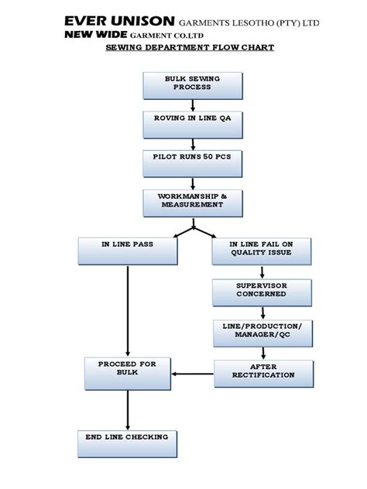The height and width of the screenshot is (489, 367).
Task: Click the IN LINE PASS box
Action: pyautogui.click(x=127, y=248)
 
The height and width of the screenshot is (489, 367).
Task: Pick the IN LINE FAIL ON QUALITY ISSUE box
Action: pyautogui.click(x=262, y=248)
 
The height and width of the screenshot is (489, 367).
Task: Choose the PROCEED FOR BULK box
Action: pyautogui.click(x=127, y=371)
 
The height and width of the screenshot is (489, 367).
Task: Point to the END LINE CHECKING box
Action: pyautogui.click(x=127, y=440)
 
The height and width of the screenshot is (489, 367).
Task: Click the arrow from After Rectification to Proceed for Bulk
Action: pyautogui.click(x=192, y=374)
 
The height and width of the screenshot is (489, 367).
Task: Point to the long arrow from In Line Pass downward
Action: pyautogui.click(x=127, y=309)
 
